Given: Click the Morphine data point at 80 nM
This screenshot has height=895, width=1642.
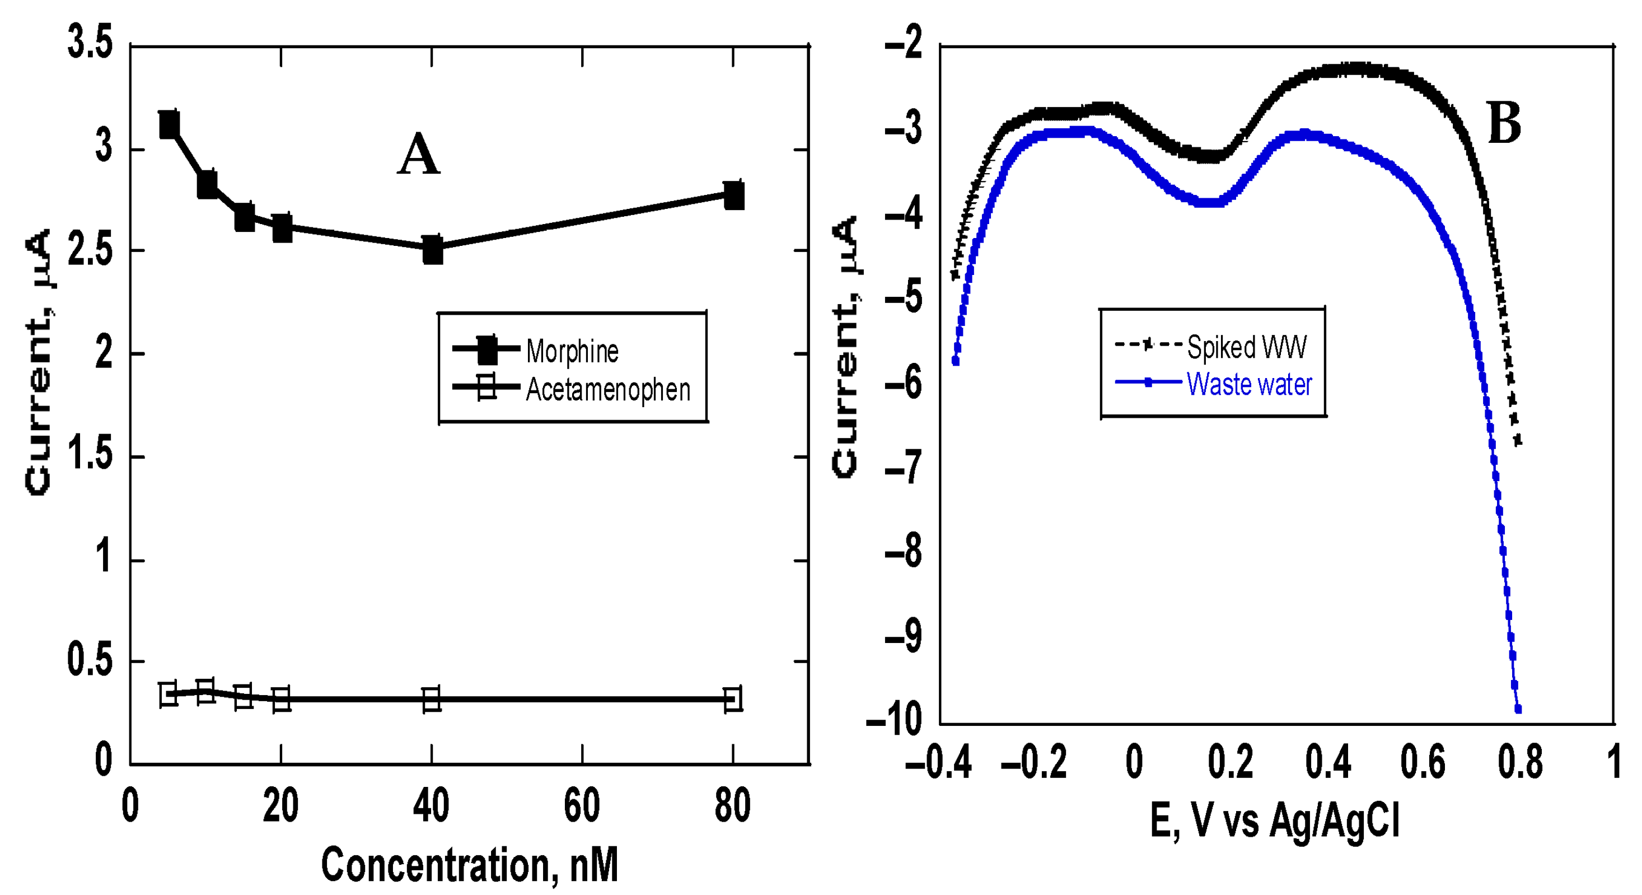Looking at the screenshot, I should click(734, 195).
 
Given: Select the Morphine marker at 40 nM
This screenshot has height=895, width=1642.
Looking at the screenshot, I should click(433, 249).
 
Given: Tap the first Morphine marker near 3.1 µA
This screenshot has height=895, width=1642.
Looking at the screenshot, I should click(169, 124).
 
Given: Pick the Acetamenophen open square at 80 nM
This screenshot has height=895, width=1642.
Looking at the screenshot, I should click(733, 698).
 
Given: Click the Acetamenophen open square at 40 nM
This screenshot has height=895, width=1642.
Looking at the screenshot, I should click(432, 699).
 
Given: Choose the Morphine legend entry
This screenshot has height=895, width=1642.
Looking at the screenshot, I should click(572, 350).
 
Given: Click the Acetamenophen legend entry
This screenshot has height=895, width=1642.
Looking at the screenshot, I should click(607, 389).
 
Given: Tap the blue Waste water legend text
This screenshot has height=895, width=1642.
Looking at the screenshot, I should click(1250, 384).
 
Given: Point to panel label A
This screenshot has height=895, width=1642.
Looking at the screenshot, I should click(418, 155).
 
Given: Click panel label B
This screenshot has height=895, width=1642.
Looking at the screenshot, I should click(1504, 124).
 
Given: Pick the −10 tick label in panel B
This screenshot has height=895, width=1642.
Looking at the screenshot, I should click(894, 720).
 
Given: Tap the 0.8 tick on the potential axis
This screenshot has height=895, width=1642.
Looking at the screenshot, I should click(1519, 762).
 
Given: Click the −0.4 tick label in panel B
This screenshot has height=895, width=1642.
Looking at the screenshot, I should click(938, 762).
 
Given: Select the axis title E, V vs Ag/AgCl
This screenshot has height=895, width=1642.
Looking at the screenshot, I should click(1275, 821).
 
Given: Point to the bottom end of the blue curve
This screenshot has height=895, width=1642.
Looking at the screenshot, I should click(1518, 708).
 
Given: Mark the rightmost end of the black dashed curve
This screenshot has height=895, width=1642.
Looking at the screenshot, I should click(1518, 440).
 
